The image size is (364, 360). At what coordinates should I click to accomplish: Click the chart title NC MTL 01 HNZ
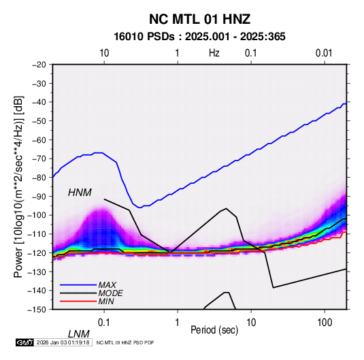click(199, 19)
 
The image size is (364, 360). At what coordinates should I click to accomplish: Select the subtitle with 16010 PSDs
click(199, 37)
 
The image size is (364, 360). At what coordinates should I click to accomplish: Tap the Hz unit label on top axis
click(214, 53)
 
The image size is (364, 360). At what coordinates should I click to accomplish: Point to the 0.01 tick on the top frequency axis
click(324, 53)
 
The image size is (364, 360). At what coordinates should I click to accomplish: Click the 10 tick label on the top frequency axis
click(104, 53)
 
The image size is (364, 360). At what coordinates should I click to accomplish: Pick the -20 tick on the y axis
click(39, 65)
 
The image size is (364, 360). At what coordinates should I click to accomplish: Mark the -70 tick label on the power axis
click(39, 159)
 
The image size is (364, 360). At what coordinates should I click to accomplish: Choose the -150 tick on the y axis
click(37, 310)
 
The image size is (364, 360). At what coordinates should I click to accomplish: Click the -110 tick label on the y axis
click(37, 234)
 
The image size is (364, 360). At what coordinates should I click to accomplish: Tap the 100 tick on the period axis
click(325, 323)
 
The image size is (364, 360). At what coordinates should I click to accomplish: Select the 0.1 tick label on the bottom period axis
click(104, 323)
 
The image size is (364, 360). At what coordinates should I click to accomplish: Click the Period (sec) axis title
click(214, 330)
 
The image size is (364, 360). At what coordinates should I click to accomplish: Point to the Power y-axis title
click(18, 186)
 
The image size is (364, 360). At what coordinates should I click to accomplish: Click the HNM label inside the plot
click(80, 193)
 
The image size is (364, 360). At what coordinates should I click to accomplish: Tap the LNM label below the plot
click(79, 334)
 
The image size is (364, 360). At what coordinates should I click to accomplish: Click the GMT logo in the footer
click(25, 342)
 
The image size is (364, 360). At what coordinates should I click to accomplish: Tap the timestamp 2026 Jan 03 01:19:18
click(63, 342)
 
